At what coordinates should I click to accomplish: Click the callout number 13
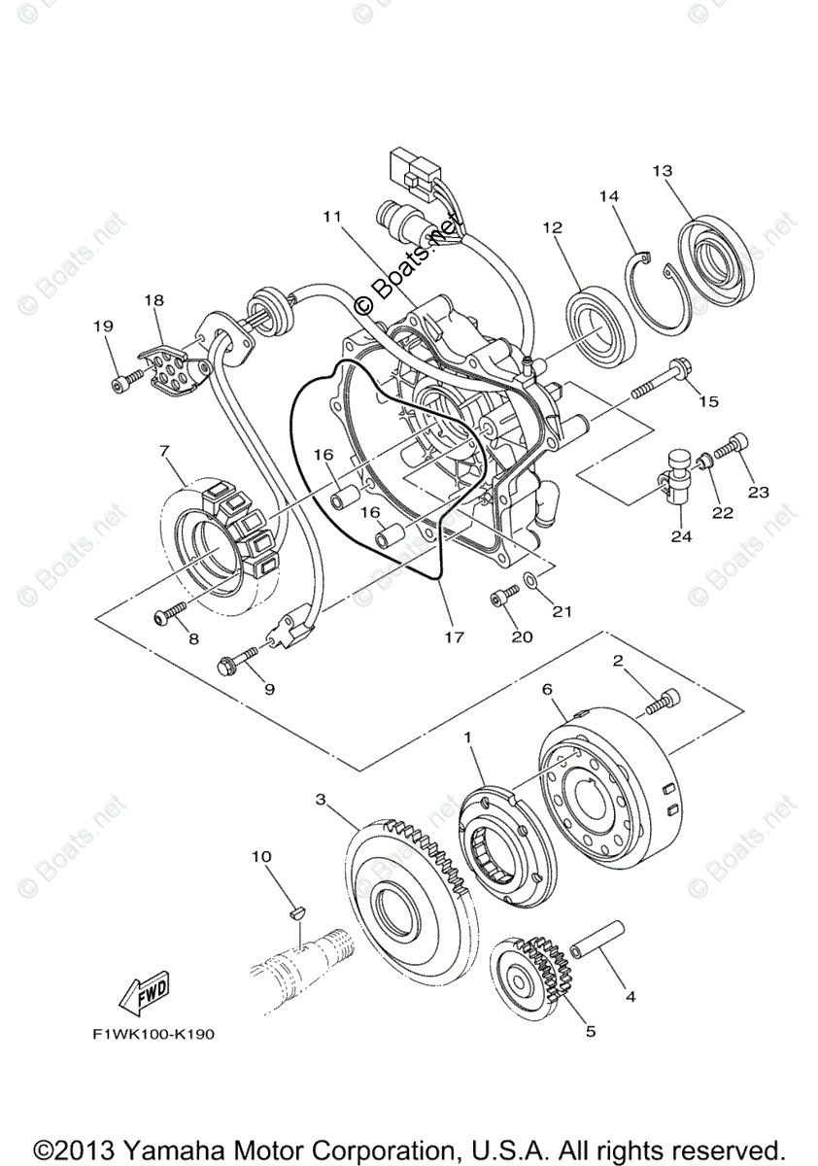[x=663, y=171]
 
